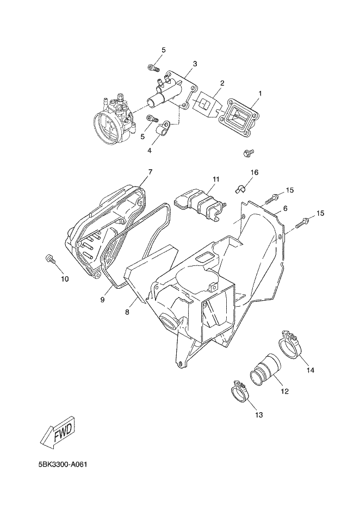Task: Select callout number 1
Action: click(260, 93)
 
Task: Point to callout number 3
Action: click(195, 64)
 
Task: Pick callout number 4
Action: click(150, 150)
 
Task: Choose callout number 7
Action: click(150, 172)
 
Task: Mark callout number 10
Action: click(65, 280)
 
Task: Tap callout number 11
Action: click(216, 179)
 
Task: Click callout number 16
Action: click(254, 172)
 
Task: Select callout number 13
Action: click(258, 415)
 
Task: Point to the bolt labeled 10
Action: click(50, 259)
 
